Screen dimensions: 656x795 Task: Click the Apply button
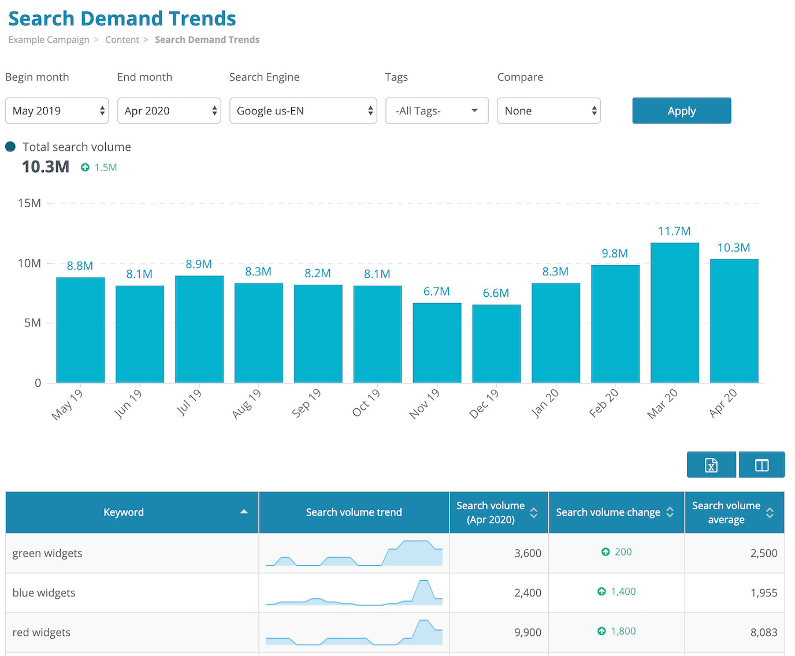click(x=681, y=111)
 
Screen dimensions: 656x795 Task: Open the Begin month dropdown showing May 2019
click(x=57, y=111)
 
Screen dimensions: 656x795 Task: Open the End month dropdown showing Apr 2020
click(x=169, y=111)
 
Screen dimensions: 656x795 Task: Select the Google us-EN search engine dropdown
click(x=303, y=111)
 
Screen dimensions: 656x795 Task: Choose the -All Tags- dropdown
click(x=436, y=111)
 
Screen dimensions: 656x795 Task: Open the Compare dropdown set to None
click(x=548, y=111)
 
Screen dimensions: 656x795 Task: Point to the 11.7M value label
click(x=674, y=231)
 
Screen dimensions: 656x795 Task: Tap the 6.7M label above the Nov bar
click(x=436, y=292)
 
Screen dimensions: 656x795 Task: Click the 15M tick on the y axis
click(x=29, y=203)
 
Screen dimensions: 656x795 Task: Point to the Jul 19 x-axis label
click(x=188, y=402)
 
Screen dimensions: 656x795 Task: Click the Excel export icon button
click(x=711, y=465)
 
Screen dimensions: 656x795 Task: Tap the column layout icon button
click(x=761, y=465)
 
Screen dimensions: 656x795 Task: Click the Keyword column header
click(x=124, y=512)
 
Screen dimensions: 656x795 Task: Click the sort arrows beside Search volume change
click(x=670, y=512)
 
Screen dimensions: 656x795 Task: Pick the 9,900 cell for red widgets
click(x=527, y=632)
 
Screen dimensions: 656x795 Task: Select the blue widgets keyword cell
click(x=44, y=593)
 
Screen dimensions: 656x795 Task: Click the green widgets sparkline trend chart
click(x=354, y=554)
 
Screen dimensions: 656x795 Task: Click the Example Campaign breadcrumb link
click(x=49, y=40)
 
